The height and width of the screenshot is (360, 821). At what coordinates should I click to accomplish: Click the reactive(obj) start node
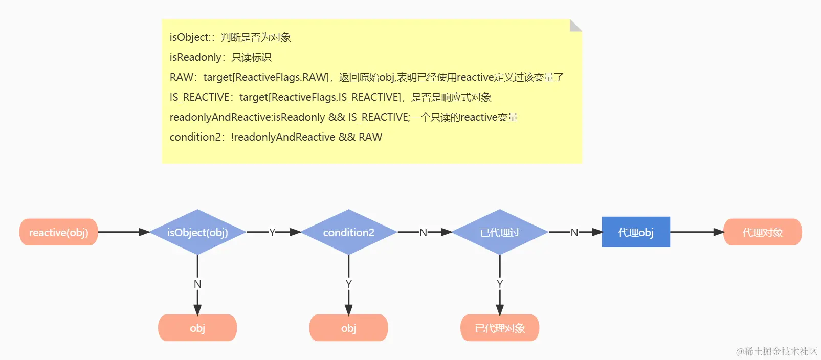[58, 232]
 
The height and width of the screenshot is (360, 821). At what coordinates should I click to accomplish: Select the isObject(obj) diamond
[197, 232]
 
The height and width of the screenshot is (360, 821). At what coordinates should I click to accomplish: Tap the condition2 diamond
[348, 232]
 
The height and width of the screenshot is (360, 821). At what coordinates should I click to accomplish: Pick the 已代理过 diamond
[500, 232]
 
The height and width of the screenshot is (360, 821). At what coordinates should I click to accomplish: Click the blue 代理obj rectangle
[636, 232]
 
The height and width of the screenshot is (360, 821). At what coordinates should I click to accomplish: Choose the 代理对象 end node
[762, 232]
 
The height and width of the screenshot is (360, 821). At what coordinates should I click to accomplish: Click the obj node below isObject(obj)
[197, 328]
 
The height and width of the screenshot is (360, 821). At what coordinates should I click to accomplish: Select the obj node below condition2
[348, 328]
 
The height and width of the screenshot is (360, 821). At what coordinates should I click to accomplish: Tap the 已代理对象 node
[500, 328]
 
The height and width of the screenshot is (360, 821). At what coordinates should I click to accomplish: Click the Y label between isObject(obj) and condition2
[272, 232]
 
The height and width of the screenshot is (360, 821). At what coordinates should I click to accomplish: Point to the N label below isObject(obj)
[197, 284]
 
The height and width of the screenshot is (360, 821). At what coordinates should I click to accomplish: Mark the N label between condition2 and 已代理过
[423, 232]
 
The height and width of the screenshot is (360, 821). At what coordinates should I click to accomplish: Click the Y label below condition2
[348, 284]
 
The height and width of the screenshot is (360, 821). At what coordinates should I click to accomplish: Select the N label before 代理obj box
[574, 232]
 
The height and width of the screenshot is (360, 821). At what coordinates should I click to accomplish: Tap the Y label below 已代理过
[500, 284]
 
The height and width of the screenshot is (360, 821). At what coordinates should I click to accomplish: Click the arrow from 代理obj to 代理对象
[697, 232]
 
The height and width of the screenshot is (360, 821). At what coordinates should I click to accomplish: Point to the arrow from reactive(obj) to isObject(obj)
[123, 232]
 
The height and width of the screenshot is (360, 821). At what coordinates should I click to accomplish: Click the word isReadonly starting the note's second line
[195, 57]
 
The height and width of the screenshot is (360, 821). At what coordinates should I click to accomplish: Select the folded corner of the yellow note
[575, 25]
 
